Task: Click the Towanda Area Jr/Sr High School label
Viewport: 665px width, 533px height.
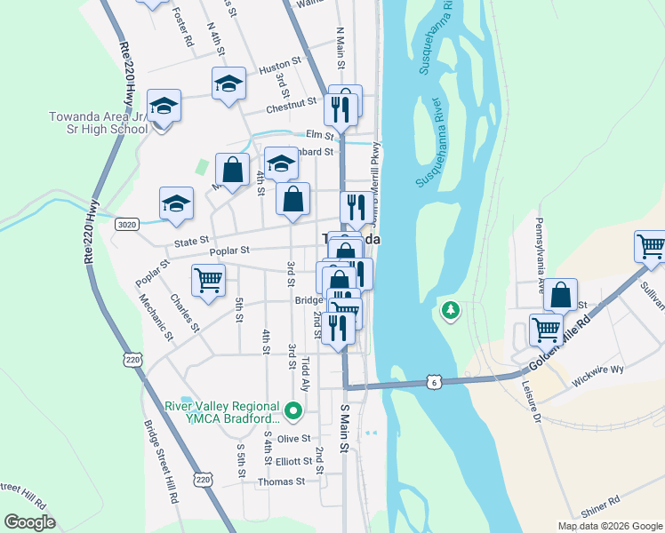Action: point(99,123)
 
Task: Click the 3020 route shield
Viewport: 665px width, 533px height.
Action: point(126,225)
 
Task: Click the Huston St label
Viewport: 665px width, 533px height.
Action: point(280,68)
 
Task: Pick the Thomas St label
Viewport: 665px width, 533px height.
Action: point(280,481)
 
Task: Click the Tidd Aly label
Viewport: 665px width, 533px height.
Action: point(306,373)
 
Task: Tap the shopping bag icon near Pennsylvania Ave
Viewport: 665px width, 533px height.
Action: point(561,296)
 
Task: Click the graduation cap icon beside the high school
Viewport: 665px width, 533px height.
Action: point(164,107)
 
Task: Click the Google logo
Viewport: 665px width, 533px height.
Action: point(30,522)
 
